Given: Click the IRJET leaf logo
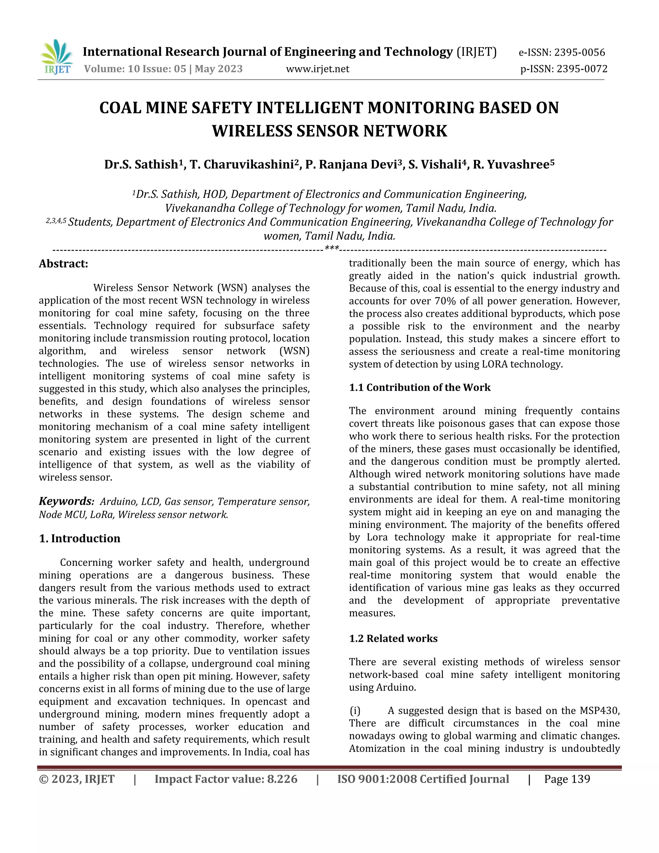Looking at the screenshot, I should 57,57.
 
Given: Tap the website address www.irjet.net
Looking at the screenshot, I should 317,69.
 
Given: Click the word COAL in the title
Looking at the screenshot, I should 121,108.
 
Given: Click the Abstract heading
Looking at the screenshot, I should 63,264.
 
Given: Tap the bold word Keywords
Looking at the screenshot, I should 66,501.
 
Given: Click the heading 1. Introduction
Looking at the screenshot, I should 80,538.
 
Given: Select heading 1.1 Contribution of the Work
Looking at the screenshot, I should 420,388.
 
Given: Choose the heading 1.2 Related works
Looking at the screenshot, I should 393,638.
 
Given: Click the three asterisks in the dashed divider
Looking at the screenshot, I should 332,248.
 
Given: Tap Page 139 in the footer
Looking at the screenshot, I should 567,779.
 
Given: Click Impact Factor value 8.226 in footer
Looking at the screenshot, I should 226,779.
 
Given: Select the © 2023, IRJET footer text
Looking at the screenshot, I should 77,779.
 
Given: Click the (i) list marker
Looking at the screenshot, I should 355,710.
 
